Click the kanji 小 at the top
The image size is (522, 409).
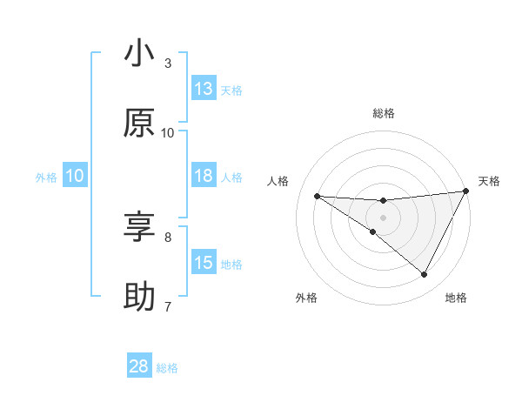click(x=139, y=55)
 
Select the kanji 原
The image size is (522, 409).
click(x=139, y=124)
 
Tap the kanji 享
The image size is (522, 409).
click(x=139, y=227)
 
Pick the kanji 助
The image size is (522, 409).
click(x=139, y=297)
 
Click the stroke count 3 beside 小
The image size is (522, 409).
click(x=168, y=64)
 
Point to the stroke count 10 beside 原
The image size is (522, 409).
click(x=168, y=132)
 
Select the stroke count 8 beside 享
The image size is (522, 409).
click(x=168, y=236)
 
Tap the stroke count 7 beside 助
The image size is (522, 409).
click(x=168, y=305)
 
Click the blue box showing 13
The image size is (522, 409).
click(x=204, y=89)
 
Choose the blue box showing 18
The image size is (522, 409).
click(x=204, y=176)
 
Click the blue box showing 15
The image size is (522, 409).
click(x=204, y=263)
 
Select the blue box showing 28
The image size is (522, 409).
click(x=139, y=366)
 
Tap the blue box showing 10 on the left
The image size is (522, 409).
click(x=75, y=176)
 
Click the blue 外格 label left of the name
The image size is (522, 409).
click(x=46, y=178)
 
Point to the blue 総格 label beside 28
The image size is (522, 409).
click(x=167, y=368)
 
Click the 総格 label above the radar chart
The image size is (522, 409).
click(x=383, y=113)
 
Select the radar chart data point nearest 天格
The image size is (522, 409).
click(x=465, y=191)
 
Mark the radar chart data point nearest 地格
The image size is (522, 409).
click(x=425, y=275)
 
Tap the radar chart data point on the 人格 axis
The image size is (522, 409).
click(x=317, y=196)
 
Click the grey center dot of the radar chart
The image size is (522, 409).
click(x=383, y=218)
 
